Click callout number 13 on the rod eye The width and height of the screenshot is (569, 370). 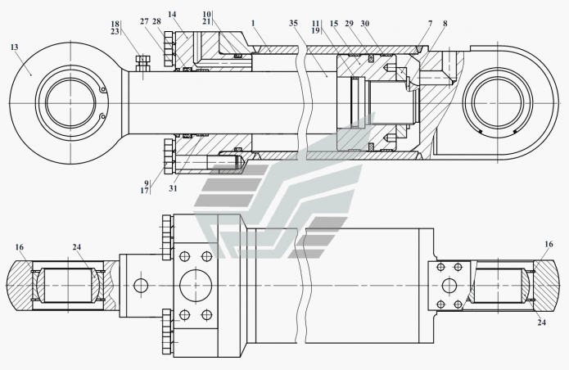[14, 47]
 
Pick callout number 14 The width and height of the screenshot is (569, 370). [171, 15]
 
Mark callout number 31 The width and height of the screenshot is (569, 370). [174, 187]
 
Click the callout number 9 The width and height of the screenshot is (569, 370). [147, 183]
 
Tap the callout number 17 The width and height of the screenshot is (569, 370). [147, 192]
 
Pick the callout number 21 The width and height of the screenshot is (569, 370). [208, 21]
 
